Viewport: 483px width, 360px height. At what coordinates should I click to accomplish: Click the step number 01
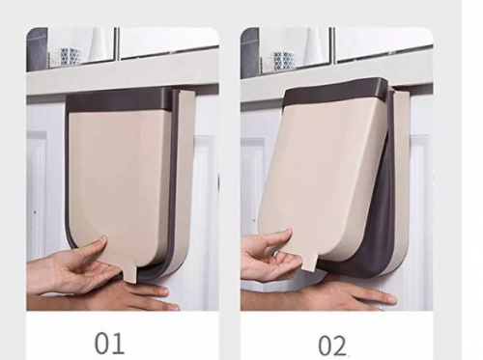click(x=109, y=344)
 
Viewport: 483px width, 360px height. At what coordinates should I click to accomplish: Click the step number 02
click(x=332, y=346)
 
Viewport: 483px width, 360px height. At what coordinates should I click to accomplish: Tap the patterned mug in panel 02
click(x=283, y=60)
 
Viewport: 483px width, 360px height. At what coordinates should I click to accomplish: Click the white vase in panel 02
click(x=312, y=48)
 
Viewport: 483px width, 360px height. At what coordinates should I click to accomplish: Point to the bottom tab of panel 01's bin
click(x=132, y=277)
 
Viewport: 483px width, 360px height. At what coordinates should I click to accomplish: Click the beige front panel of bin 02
click(x=322, y=174)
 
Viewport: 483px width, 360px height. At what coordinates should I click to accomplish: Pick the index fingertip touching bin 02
click(x=287, y=233)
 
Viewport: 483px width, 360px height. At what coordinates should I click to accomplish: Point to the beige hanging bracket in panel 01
click(x=185, y=180)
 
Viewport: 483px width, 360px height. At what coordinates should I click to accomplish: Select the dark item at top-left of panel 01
click(x=37, y=48)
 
